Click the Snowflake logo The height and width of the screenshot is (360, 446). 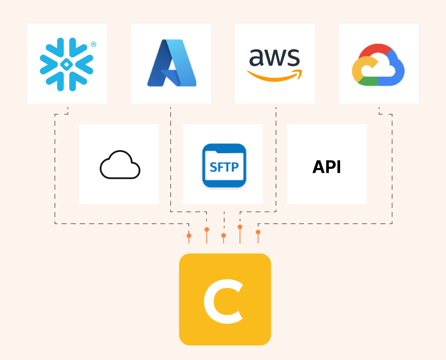pyautogui.click(x=67, y=64)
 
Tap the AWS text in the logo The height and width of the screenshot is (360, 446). pyautogui.click(x=274, y=57)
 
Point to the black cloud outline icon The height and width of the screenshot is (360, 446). pyautogui.click(x=120, y=165)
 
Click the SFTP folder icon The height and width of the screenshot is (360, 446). pyautogui.click(x=224, y=165)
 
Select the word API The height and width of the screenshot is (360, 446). pyautogui.click(x=327, y=167)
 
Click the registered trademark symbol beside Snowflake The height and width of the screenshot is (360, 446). pyautogui.click(x=93, y=44)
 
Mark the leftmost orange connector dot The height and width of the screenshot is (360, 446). pyautogui.click(x=189, y=236)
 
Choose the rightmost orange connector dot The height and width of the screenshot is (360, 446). pyautogui.click(x=258, y=232)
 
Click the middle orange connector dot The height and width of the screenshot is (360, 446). pyautogui.click(x=223, y=236)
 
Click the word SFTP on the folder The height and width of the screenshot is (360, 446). pyautogui.click(x=224, y=167)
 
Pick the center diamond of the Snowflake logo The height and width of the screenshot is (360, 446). pyautogui.click(x=67, y=64)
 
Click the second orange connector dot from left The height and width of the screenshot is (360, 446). pyautogui.click(x=206, y=229)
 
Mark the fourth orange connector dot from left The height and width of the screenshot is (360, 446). pyautogui.click(x=240, y=227)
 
